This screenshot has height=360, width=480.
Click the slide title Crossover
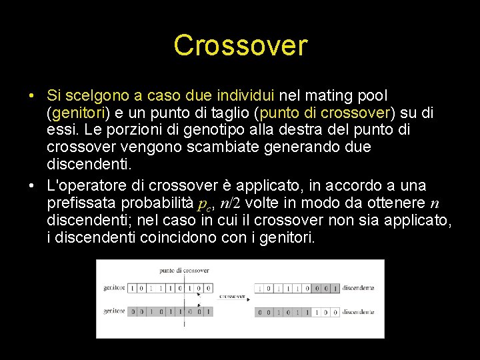coord(240,45)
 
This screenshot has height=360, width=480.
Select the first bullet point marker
coord(32,97)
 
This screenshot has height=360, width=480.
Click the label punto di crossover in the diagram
coord(184,271)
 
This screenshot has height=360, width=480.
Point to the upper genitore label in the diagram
coord(114,288)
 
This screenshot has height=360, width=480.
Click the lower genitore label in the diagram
coord(114,311)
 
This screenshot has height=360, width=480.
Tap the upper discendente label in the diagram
coord(358,288)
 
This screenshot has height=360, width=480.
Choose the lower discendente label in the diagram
coord(358,312)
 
